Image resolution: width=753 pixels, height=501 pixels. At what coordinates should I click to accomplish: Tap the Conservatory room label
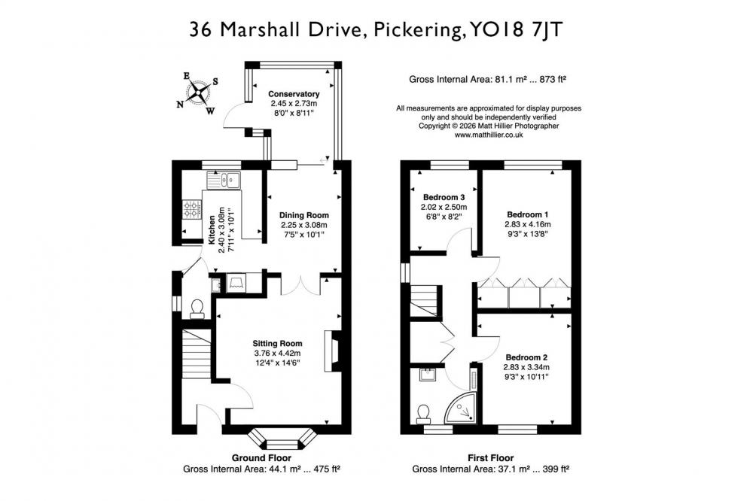[294, 94]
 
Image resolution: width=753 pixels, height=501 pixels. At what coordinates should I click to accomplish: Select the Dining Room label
[304, 215]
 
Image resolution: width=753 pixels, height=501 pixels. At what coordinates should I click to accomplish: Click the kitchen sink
[224, 181]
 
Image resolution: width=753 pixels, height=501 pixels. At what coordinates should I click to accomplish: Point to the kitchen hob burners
[191, 210]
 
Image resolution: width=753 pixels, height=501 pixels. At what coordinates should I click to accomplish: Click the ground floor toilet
[197, 309]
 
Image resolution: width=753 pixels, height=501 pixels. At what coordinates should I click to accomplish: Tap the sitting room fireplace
[332, 351]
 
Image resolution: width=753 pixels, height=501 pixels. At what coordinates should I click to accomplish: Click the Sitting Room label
[278, 344]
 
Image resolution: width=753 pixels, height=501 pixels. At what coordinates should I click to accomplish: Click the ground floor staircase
[197, 354]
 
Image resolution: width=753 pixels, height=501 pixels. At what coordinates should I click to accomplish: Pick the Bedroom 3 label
[444, 197]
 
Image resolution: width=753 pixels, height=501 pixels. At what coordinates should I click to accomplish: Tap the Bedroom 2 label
[526, 357]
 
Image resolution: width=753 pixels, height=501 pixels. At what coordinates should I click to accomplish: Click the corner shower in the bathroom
[461, 408]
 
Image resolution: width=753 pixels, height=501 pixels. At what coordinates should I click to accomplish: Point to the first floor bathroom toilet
[423, 414]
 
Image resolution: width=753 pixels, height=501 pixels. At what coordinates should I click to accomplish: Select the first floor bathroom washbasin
[427, 375]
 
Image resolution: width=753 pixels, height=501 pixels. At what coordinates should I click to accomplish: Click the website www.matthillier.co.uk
[489, 135]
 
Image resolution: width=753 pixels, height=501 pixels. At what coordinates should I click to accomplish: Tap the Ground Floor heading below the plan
[261, 458]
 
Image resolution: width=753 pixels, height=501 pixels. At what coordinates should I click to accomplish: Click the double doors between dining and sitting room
[300, 286]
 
